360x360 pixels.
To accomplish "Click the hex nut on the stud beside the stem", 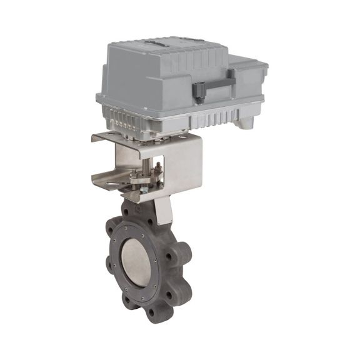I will (x=158, y=167).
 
